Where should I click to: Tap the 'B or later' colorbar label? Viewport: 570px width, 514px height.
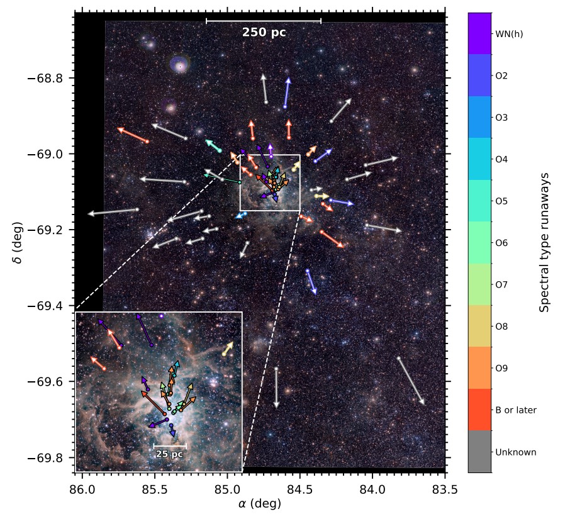tap(516, 410)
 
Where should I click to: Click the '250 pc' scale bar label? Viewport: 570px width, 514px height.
tap(264, 33)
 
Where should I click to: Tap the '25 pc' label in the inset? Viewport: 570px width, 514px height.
tap(169, 454)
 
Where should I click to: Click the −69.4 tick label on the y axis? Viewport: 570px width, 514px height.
tap(51, 306)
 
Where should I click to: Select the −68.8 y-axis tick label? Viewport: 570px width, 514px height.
tap(51, 79)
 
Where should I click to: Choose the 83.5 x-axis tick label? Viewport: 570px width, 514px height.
tap(445, 488)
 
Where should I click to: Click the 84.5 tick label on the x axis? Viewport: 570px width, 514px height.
tap(300, 488)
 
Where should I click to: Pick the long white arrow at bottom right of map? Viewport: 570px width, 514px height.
tap(411, 381)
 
